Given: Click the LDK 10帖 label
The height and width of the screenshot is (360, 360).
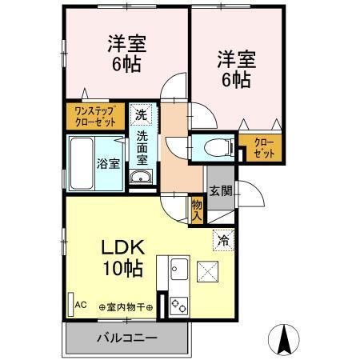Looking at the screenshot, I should coord(122,258).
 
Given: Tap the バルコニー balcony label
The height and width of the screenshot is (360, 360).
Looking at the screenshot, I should coord(128,337).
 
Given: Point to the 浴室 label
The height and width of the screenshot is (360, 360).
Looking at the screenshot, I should coord(109,164).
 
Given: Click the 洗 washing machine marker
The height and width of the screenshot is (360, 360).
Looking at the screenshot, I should coord(140,114).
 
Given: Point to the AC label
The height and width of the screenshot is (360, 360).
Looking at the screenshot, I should coord(80,305).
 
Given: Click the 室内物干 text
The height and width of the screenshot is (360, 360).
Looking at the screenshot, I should coord(128,306).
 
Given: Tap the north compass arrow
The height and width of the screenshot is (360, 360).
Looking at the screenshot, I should coord(282,340).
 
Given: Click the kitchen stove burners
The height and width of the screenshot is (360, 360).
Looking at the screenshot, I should coord(177,305).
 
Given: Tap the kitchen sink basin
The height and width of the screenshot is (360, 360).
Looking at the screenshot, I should coord(177,270).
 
